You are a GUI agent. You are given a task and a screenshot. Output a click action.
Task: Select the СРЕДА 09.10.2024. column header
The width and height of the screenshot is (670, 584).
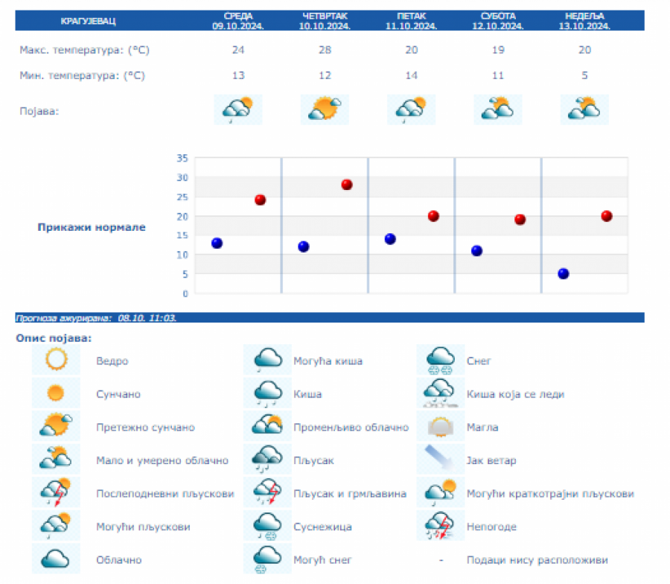pyautogui.click(x=238, y=20)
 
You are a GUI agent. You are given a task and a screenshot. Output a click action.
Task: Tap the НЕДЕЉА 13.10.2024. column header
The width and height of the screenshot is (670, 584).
pyautogui.click(x=584, y=20)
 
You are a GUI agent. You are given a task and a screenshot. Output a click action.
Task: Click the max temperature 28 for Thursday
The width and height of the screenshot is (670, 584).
pyautogui.click(x=325, y=51)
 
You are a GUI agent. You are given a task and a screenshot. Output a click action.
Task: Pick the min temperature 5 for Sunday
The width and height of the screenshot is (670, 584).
pyautogui.click(x=584, y=75)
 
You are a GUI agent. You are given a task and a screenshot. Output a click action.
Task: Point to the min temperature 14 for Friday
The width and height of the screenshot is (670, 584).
pyautogui.click(x=411, y=75)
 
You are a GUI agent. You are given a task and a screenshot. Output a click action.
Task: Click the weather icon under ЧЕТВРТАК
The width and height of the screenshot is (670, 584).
pyautogui.click(x=325, y=110)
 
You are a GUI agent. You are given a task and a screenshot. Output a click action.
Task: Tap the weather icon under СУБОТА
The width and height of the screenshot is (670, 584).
pyautogui.click(x=497, y=110)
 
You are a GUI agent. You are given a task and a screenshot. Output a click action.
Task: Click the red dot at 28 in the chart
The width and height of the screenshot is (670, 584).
pyautogui.click(x=346, y=185)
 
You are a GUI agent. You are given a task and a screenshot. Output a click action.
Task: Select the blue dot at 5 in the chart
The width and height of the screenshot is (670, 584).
pyautogui.click(x=564, y=273)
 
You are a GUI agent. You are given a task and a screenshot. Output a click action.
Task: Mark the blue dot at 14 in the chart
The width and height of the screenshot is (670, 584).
pyautogui.click(x=390, y=239)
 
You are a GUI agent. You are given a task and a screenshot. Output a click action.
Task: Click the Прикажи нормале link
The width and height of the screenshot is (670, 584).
pyautogui.click(x=92, y=227)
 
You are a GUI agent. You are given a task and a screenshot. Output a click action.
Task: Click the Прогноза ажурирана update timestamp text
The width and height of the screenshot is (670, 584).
pyautogui.click(x=96, y=318)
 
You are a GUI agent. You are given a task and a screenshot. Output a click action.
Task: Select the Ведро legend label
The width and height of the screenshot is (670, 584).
pyautogui.click(x=112, y=361)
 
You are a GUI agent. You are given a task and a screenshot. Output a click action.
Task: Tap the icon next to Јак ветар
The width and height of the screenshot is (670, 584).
pyautogui.click(x=440, y=460)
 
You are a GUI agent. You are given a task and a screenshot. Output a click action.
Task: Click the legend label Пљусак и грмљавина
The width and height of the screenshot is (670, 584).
pyautogui.click(x=350, y=493)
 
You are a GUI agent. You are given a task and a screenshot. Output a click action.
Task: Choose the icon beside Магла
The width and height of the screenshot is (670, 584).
pyautogui.click(x=440, y=428)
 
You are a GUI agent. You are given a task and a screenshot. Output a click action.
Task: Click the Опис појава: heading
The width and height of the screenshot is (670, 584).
pyautogui.click(x=54, y=339)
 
